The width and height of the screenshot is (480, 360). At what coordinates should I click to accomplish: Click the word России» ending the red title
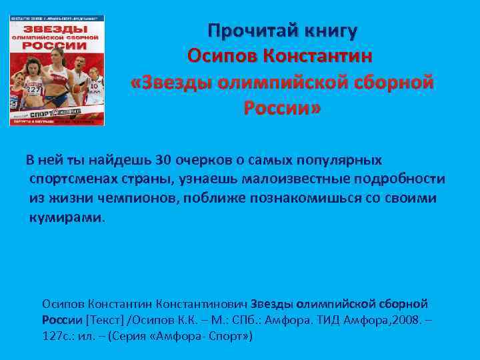(x=282, y=107)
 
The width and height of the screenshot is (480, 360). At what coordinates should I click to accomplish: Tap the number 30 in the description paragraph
(x=162, y=161)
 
